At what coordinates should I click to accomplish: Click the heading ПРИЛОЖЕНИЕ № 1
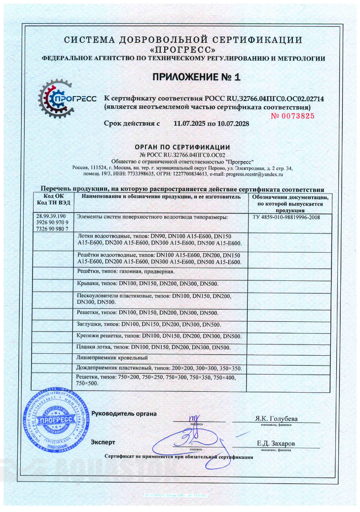point(195,77)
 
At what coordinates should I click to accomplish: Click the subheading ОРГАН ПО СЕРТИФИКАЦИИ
point(182,147)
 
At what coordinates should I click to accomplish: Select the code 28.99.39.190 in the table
point(51,216)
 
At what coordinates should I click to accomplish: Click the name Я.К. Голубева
point(276,419)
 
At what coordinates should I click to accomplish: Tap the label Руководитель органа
point(124,413)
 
